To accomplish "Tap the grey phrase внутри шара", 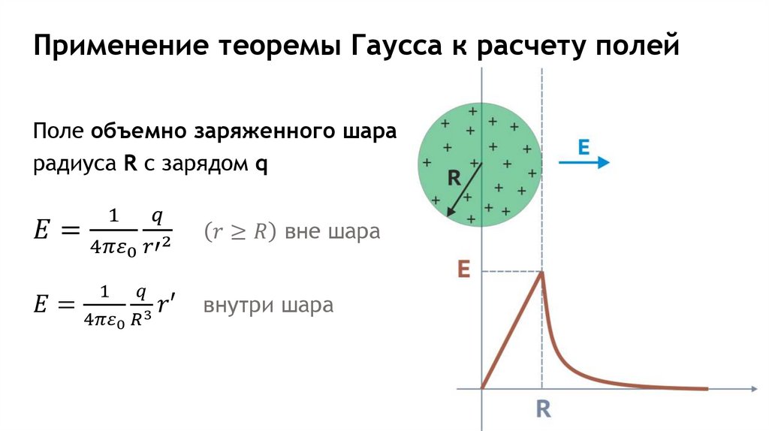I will (x=267, y=306).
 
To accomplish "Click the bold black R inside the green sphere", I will (x=454, y=179).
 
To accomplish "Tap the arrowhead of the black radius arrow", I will (x=450, y=212).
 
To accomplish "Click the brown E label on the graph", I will (x=463, y=271).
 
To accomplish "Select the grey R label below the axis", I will (x=543, y=409).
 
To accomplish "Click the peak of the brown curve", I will (x=542, y=273).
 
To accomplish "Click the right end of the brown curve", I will (x=706, y=388).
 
